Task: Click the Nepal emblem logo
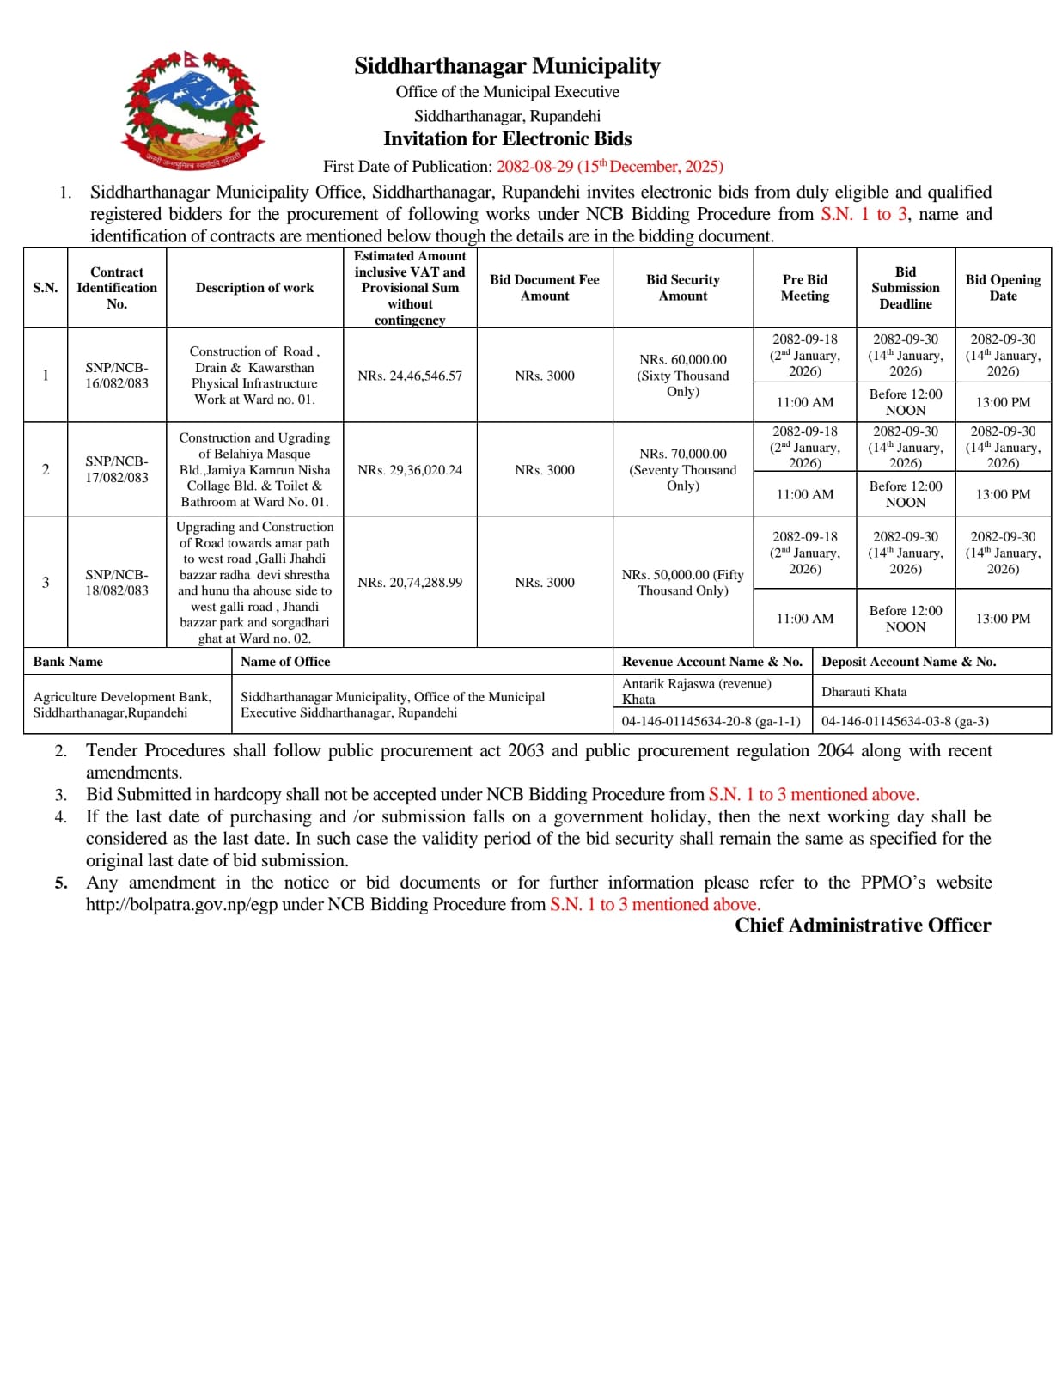coord(194,109)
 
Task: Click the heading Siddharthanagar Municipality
coord(507,66)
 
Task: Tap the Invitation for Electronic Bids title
coord(507,139)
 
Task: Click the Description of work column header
coord(254,288)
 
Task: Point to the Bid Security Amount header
coord(682,288)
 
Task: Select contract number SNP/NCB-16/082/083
coord(117,376)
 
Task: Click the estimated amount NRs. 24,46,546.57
coord(410,376)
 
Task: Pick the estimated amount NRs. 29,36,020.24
coord(410,470)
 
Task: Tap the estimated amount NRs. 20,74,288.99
coord(410,583)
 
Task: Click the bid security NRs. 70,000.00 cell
coord(682,469)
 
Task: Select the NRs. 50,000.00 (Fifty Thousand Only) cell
coord(682,583)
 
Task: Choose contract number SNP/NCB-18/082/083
coord(117,583)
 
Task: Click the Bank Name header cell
coord(68,662)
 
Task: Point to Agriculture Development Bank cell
coord(122,705)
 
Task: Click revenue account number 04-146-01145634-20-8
coord(711,722)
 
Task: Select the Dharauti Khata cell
coord(864,692)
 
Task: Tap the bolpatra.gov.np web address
coord(181,905)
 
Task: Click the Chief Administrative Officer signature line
coord(862,926)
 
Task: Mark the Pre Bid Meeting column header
coord(804,288)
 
